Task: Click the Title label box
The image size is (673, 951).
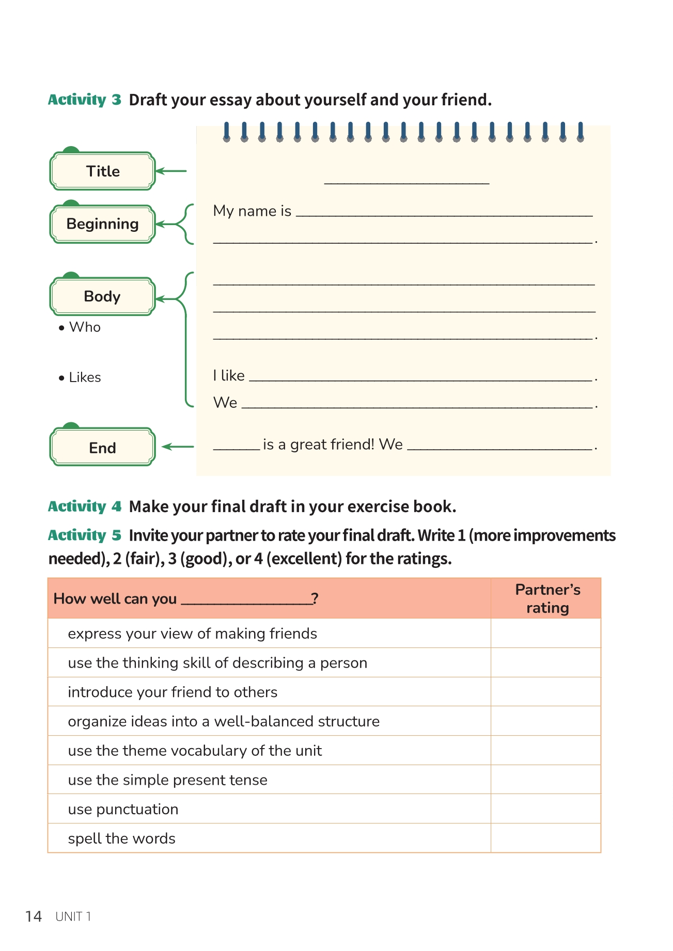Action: click(x=102, y=171)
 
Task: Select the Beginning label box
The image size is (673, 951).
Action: click(x=102, y=224)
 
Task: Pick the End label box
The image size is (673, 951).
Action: click(x=102, y=448)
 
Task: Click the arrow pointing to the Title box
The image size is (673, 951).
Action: click(x=171, y=171)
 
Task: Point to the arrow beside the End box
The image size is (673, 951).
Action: click(x=178, y=447)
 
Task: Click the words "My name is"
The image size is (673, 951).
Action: click(x=252, y=211)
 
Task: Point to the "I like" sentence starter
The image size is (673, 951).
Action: click(x=229, y=376)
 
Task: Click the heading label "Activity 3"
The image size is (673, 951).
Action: click(x=84, y=100)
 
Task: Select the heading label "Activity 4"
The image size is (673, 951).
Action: click(x=84, y=506)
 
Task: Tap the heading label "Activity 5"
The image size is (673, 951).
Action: click(x=84, y=535)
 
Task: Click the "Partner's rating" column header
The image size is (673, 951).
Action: click(x=547, y=598)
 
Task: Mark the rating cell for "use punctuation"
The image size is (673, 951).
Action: click(x=545, y=809)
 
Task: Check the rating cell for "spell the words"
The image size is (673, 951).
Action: click(x=545, y=838)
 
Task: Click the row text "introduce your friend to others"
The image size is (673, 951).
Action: click(x=173, y=692)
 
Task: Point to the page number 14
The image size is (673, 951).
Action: click(x=34, y=916)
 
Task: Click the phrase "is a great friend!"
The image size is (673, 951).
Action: click(x=318, y=445)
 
